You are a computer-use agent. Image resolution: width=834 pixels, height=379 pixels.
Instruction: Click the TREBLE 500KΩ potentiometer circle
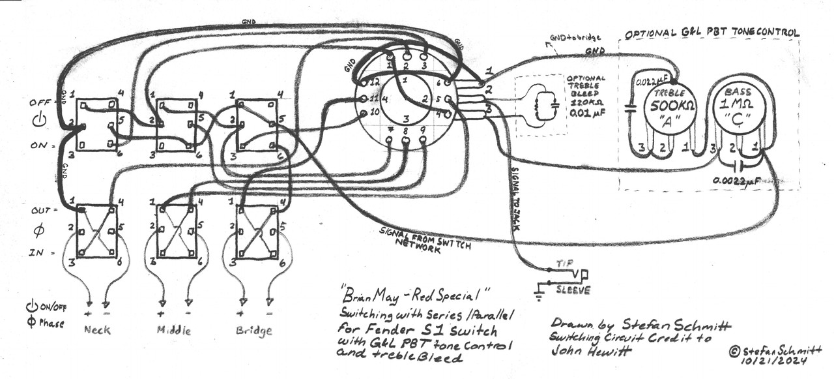(x=670, y=108)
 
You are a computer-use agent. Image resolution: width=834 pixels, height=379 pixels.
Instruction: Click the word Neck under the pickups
(x=98, y=329)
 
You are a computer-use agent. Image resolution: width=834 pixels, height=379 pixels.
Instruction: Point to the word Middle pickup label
(x=174, y=330)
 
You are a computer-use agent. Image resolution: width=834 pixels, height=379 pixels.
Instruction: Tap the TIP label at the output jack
(x=564, y=263)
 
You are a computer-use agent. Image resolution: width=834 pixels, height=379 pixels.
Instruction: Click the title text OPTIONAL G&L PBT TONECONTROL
(x=712, y=33)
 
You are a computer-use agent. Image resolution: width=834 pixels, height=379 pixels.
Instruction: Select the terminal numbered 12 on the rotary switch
(x=373, y=82)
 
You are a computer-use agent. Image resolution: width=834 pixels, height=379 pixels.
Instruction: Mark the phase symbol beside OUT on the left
(x=37, y=232)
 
